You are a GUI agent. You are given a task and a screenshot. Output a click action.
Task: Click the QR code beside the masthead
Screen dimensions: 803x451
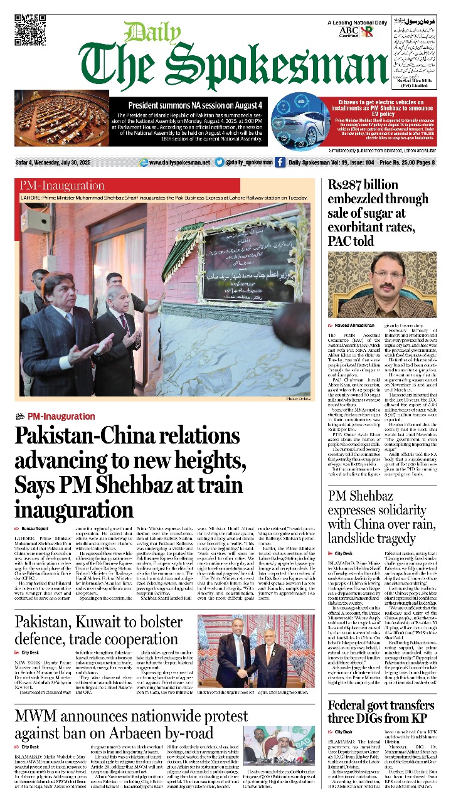point(29,31)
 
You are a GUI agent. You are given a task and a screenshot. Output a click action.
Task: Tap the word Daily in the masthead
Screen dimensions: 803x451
point(144,33)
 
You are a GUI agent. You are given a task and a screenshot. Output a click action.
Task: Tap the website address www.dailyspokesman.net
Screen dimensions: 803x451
point(179,162)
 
